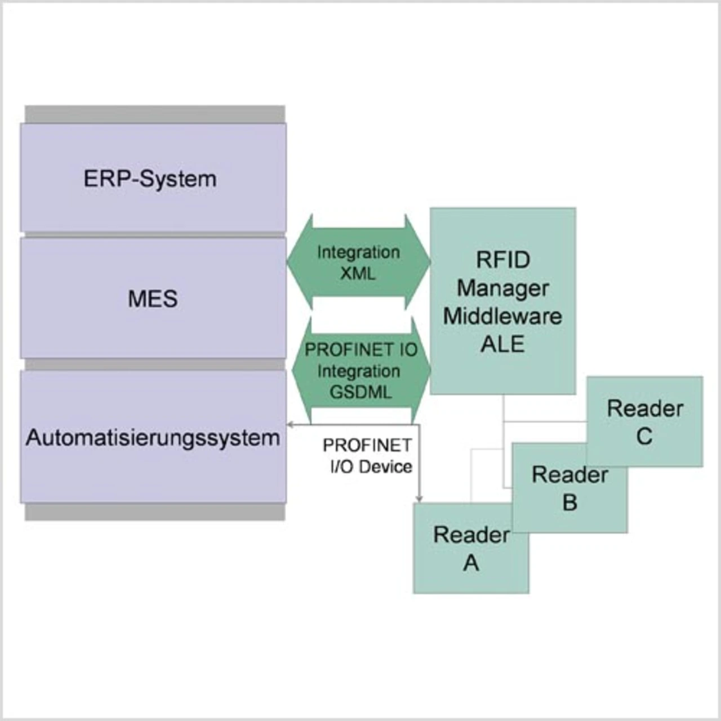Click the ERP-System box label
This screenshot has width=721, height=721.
coord(150,179)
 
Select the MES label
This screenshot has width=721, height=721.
coord(153,299)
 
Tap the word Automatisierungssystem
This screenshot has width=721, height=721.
coord(153,438)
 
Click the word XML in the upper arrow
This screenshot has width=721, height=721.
coord(358,274)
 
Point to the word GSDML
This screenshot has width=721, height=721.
coord(360,392)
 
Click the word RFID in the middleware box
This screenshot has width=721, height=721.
coord(503,260)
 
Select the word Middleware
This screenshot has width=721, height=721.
coord(502,316)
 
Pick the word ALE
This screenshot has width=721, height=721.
coord(502,344)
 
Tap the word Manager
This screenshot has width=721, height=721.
coord(502,288)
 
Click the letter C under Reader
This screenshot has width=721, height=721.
coord(644,437)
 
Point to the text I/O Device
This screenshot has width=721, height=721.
coord(371,466)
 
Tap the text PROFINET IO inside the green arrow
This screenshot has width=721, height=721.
coord(361,350)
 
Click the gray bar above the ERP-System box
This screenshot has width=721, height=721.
coord(155,114)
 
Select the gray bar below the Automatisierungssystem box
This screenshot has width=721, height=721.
coord(155,511)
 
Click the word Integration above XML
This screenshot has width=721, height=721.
coord(358,252)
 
